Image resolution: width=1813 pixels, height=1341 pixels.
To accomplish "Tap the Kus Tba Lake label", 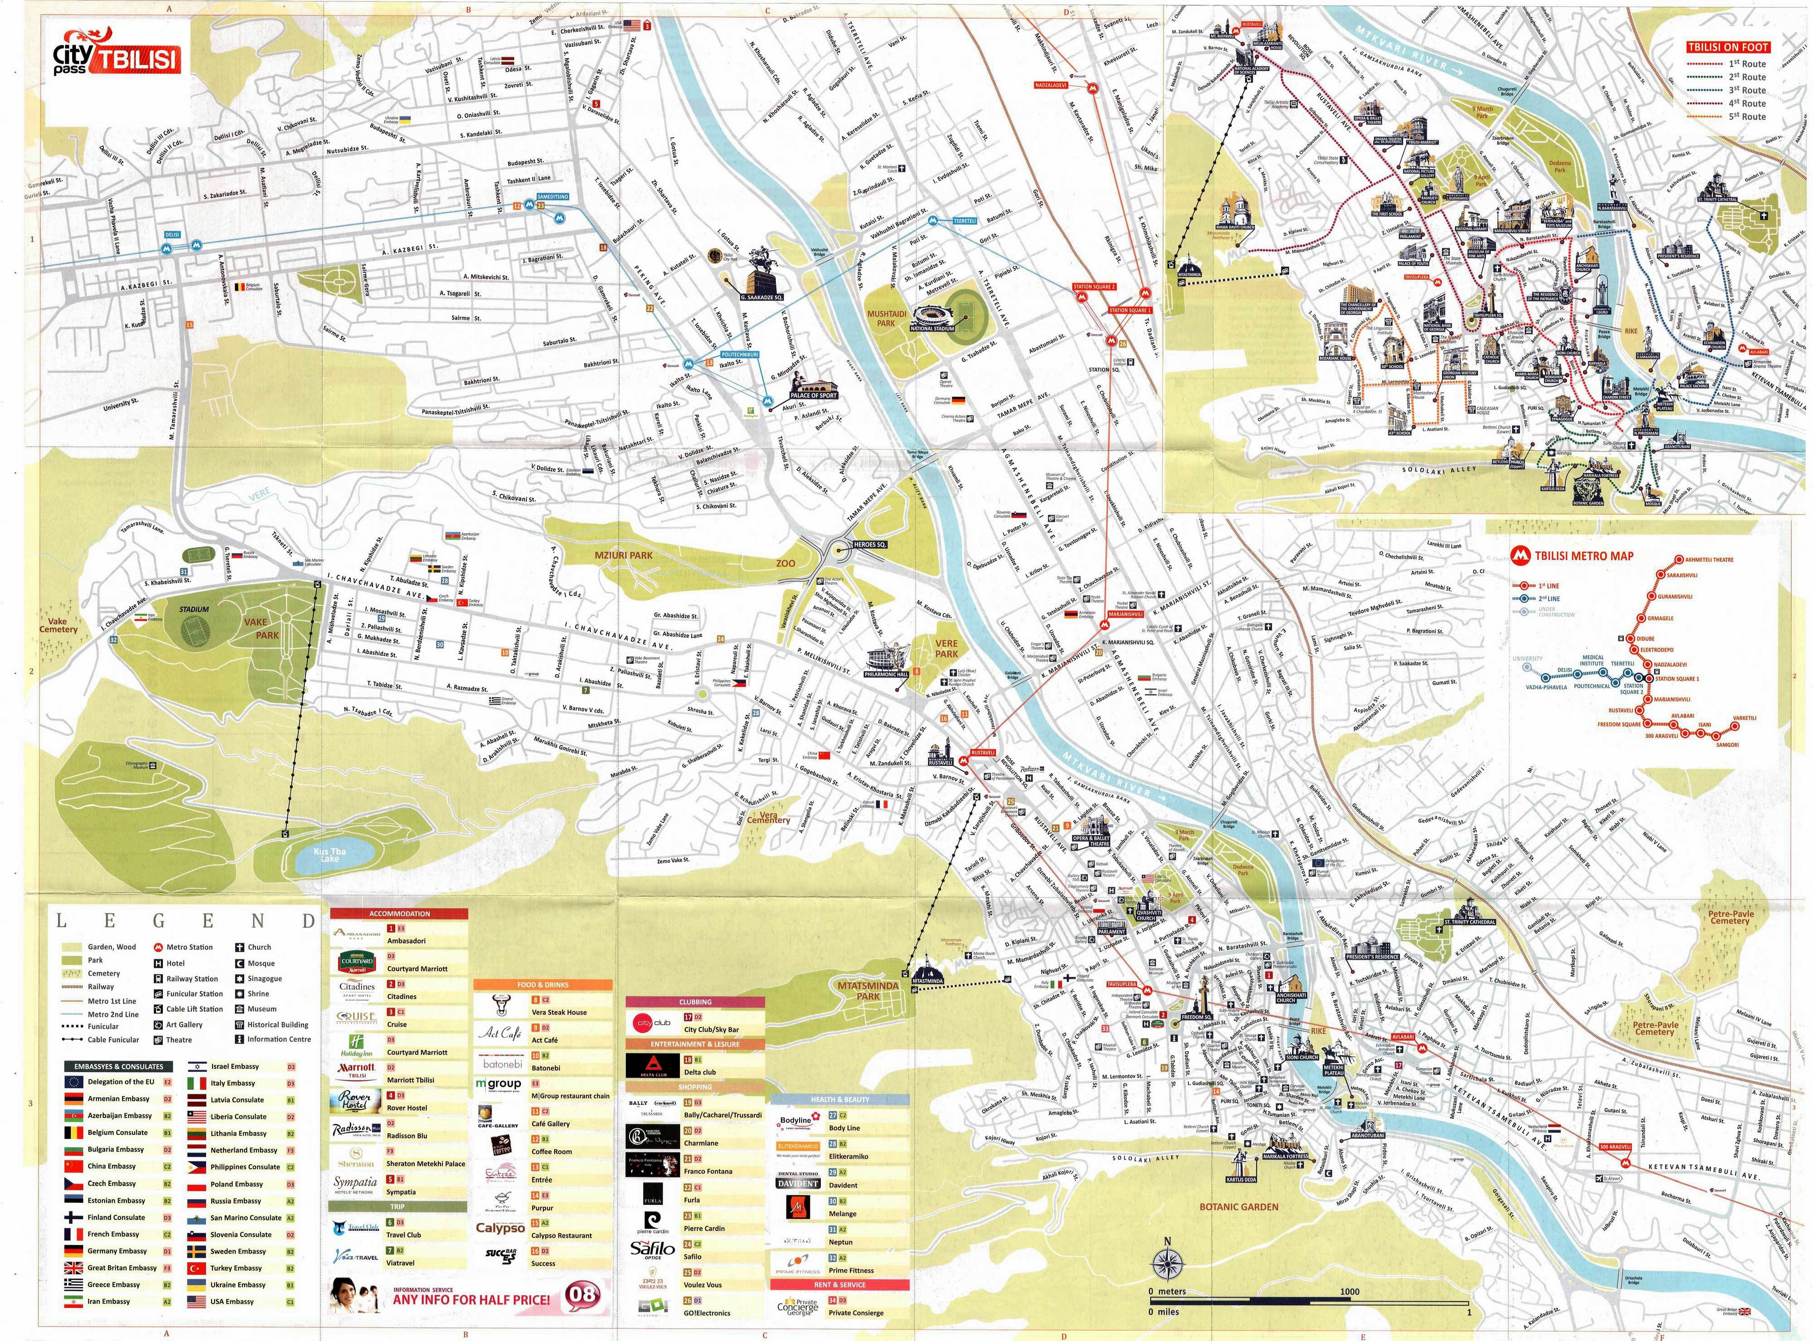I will [330, 855].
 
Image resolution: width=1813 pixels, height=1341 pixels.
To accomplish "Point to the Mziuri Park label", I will [623, 555].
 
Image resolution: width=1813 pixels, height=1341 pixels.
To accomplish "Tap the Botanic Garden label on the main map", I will [1238, 1207].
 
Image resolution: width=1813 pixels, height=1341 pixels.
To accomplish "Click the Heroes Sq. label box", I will [869, 544].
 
